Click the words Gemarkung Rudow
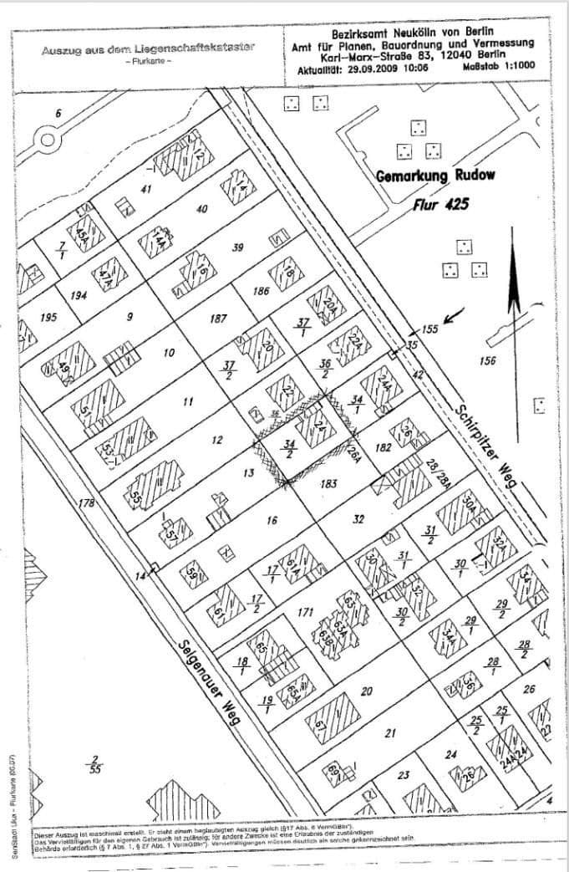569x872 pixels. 434,177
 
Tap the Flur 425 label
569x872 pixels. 442,204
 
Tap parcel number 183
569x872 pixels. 328,483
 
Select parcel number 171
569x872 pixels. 305,613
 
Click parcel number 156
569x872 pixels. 490,360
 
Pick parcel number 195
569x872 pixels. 48,318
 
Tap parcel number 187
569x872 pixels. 219,319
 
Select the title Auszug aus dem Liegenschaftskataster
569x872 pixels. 149,50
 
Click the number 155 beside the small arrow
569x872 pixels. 429,329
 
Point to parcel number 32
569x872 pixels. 358,519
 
